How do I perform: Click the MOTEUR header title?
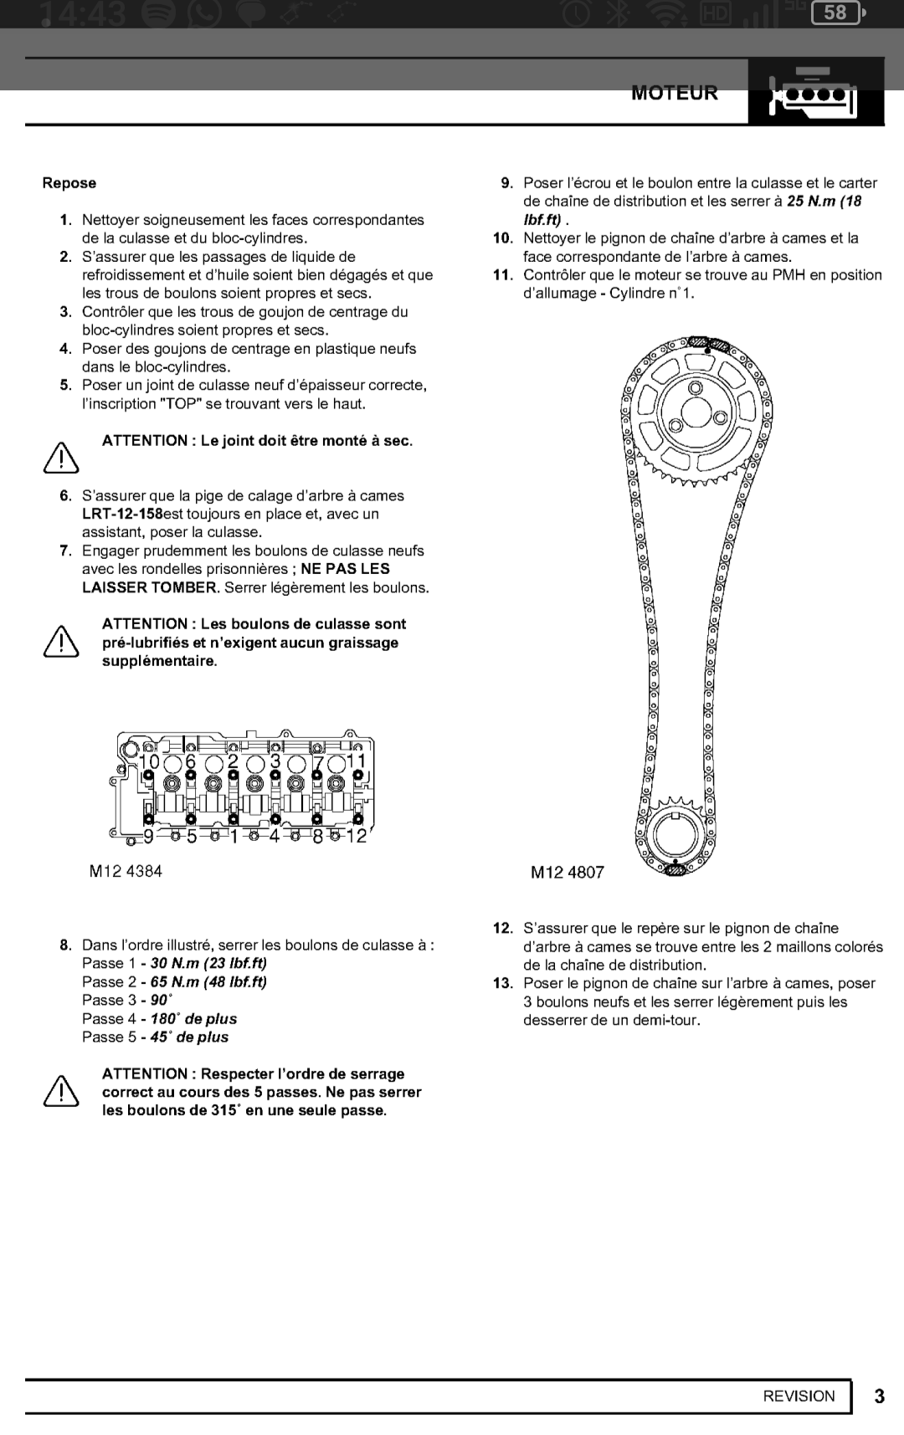[x=675, y=93]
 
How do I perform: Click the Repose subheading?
[x=69, y=183]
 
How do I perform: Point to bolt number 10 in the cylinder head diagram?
[x=149, y=761]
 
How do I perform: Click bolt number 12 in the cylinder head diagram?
[x=357, y=836]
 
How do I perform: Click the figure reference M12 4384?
[x=126, y=871]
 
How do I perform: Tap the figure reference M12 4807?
[x=567, y=873]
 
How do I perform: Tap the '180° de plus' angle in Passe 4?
[x=193, y=1018]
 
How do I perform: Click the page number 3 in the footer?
[x=879, y=1397]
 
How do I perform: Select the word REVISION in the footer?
[x=799, y=1396]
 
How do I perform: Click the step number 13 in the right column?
[x=502, y=983]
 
